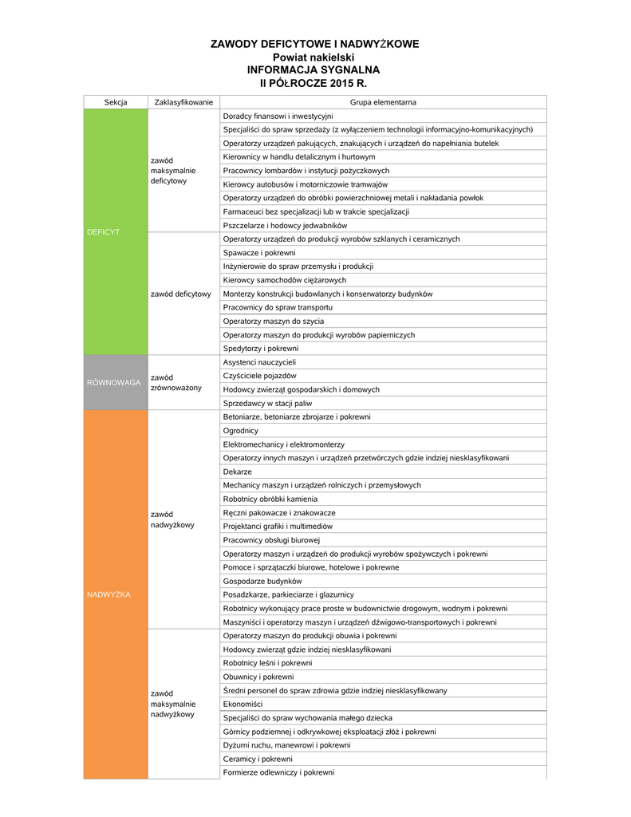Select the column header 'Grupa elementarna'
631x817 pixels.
[x=383, y=102]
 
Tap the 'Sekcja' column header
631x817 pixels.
[x=116, y=102]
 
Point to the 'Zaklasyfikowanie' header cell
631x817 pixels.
[x=183, y=102]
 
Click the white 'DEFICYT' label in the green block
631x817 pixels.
[x=103, y=231]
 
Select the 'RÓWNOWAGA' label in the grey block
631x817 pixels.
[x=113, y=383]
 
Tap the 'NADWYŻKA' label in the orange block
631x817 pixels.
[x=108, y=594]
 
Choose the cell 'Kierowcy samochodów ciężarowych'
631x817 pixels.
[x=285, y=280]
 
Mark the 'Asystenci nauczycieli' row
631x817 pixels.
[x=259, y=362]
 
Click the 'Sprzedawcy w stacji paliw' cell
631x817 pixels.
[x=267, y=404]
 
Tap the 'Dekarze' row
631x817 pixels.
[x=237, y=472]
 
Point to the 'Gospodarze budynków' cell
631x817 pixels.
[x=262, y=581]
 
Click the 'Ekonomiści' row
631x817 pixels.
[x=243, y=704]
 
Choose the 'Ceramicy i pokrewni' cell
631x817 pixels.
[x=258, y=759]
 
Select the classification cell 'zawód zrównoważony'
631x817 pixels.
[x=176, y=382]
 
